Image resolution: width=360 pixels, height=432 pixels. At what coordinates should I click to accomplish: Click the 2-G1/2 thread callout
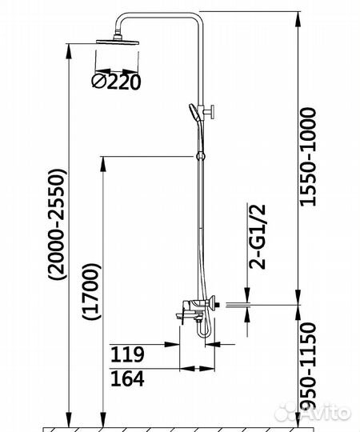tap(258, 236)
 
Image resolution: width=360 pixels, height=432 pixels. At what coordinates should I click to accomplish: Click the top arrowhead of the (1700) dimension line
tap(103, 161)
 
